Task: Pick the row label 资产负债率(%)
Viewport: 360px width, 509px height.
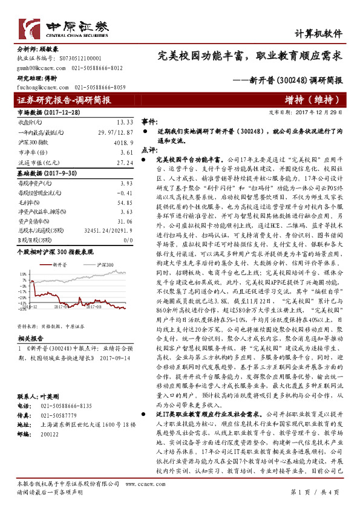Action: pos(33,222)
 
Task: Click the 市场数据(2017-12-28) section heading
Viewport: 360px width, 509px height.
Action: pos(48,112)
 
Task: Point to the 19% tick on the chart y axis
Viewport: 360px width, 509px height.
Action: pos(24,273)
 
